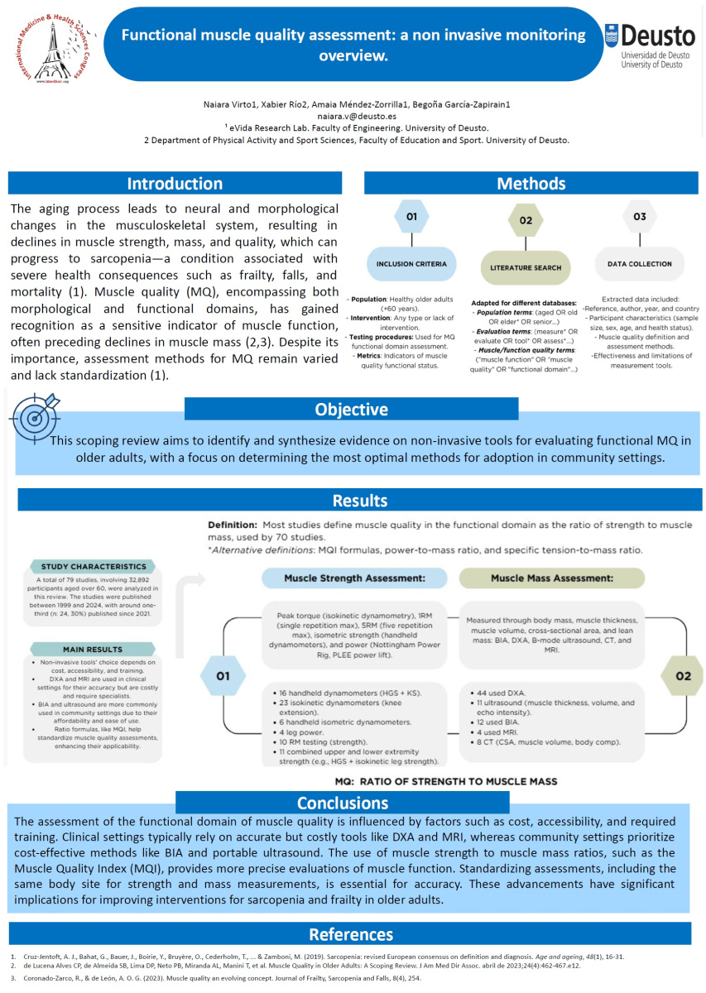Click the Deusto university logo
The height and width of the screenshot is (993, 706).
[650, 46]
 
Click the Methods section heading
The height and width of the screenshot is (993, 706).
[530, 184]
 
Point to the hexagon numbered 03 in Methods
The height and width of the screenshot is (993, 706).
[638, 217]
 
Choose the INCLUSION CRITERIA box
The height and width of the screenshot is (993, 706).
[412, 264]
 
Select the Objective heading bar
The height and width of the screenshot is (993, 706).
[352, 410]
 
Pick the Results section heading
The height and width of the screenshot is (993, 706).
[359, 501]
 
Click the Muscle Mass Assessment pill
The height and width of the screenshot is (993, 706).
[550, 578]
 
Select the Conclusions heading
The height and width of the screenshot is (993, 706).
[343, 802]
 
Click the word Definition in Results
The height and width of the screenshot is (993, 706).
[231, 525]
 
